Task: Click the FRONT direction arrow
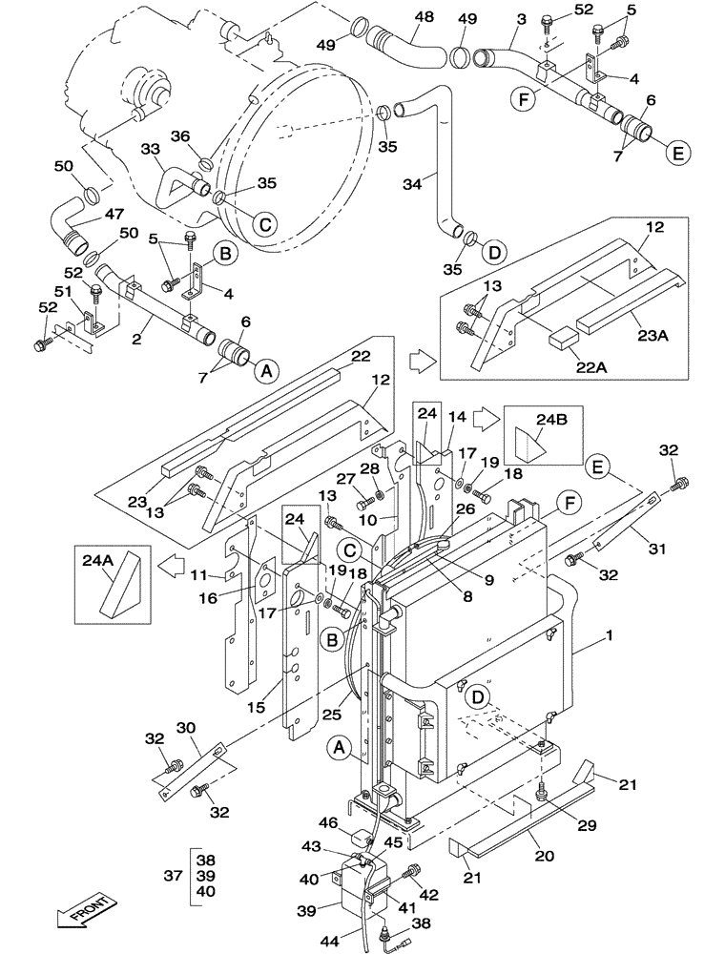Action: click(84, 910)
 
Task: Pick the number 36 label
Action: click(181, 135)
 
